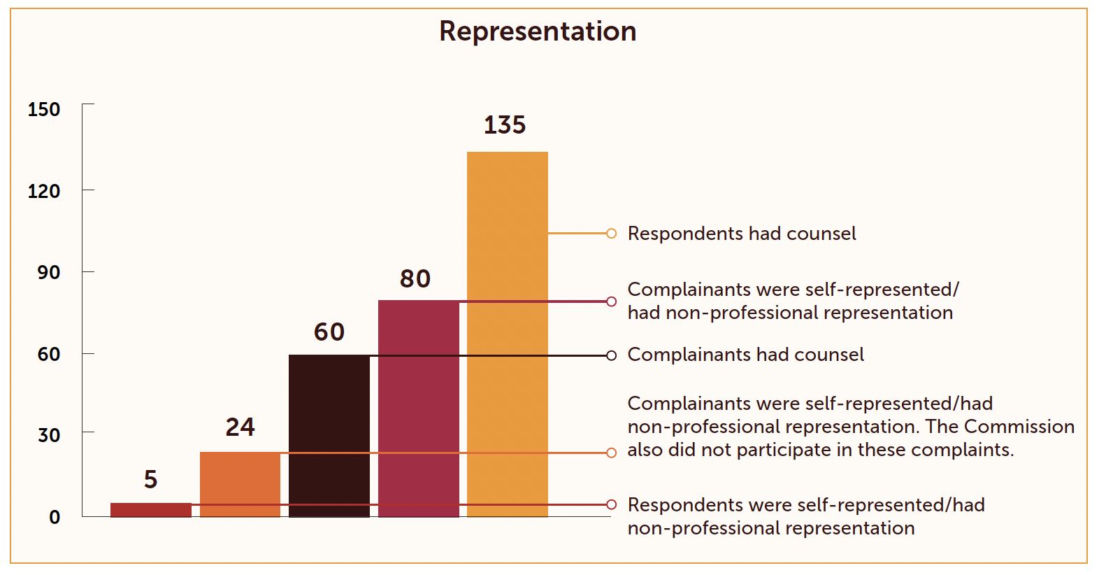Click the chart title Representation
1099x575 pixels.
[538, 31]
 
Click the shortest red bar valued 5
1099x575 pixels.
[150, 509]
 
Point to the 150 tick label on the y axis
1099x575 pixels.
[44, 109]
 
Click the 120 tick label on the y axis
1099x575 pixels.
[44, 191]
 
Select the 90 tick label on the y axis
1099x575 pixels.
[49, 272]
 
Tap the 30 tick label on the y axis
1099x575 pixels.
[49, 435]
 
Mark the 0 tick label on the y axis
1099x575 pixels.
[55, 517]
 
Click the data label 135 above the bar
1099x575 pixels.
[505, 125]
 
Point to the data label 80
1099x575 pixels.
[415, 279]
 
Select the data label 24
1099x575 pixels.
[240, 427]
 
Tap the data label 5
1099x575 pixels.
[150, 480]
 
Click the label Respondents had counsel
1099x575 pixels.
[741, 234]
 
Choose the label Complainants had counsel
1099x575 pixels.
[745, 355]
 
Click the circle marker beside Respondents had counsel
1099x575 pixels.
[611, 234]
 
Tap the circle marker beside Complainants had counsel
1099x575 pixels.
[611, 355]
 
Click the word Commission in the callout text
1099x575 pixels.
[1019, 427]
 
